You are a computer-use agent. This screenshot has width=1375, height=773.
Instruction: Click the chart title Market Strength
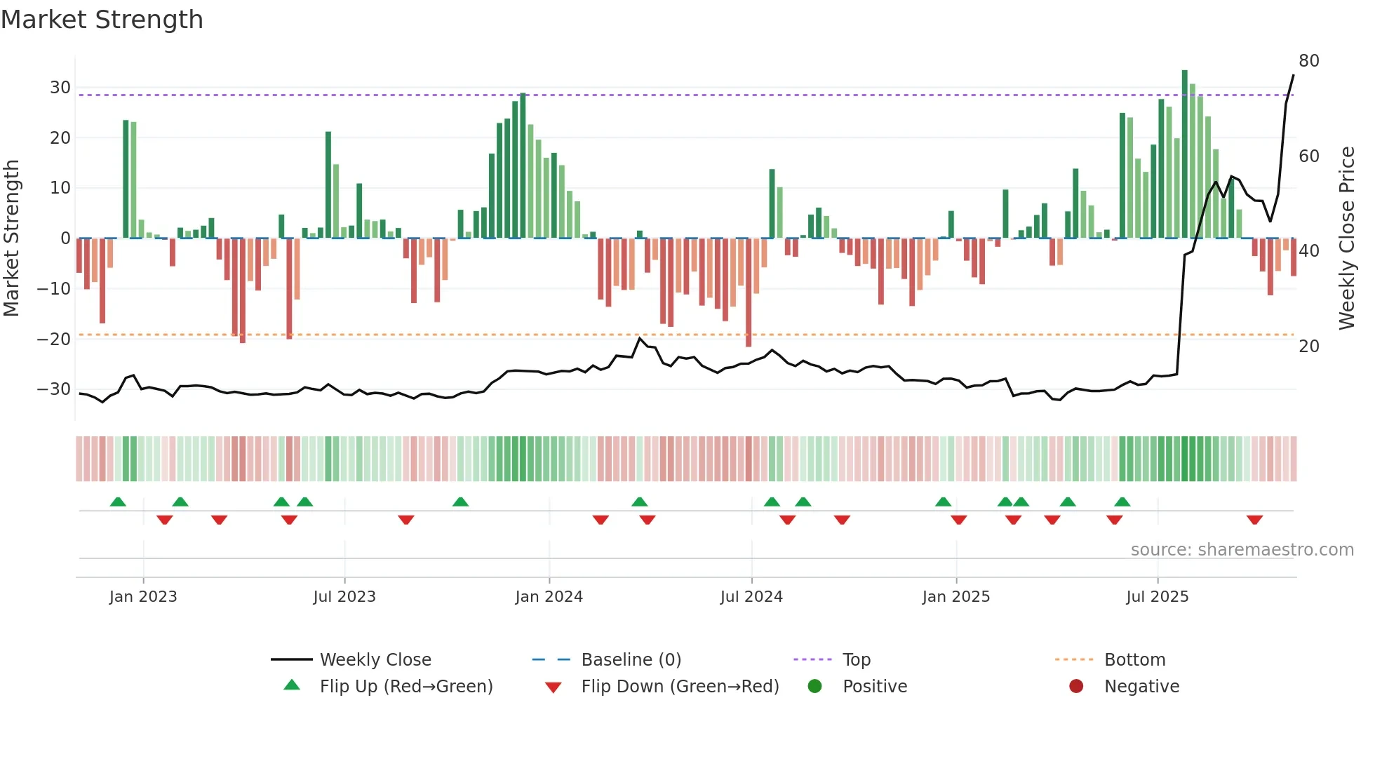pyautogui.click(x=102, y=20)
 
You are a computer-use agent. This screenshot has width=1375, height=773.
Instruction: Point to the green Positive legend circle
pyautogui.click(x=814, y=686)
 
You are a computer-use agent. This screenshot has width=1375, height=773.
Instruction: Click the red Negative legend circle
pyautogui.click(x=1076, y=686)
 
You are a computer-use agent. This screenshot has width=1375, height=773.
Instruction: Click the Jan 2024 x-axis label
pyautogui.click(x=549, y=596)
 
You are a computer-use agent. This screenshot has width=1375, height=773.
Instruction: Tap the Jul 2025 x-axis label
pyautogui.click(x=1157, y=596)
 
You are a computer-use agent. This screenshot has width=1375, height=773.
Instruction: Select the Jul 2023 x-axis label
pyautogui.click(x=344, y=596)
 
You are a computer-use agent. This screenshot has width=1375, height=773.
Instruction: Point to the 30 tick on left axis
pyautogui.click(x=60, y=88)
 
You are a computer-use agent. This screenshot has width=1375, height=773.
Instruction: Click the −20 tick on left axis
pyautogui.click(x=54, y=339)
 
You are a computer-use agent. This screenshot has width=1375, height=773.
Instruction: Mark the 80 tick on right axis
pyautogui.click(x=1308, y=61)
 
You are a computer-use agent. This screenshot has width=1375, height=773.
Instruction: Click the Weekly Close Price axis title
pyautogui.click(x=1347, y=238)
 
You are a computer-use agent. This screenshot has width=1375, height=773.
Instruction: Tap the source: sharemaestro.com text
pyautogui.click(x=1242, y=549)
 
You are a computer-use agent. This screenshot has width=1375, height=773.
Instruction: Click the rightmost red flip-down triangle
pyautogui.click(x=1254, y=520)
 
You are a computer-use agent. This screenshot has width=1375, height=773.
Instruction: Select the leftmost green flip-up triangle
pyautogui.click(x=118, y=502)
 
